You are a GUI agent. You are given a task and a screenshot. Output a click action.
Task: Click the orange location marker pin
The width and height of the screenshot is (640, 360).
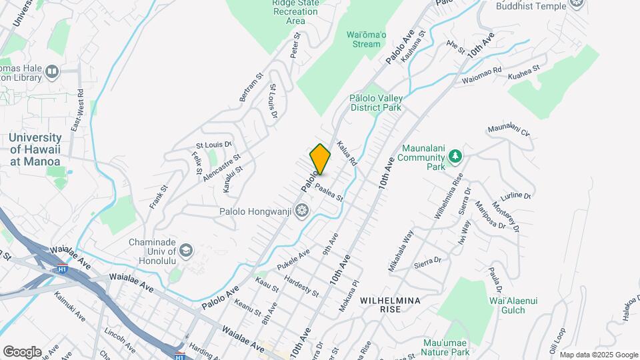pyautogui.click(x=320, y=159)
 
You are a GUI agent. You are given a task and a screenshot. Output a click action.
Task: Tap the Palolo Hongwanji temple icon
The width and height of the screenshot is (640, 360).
pyautogui.click(x=302, y=211)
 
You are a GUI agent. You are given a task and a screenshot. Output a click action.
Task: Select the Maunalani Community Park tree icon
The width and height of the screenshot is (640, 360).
pyautogui.click(x=455, y=156)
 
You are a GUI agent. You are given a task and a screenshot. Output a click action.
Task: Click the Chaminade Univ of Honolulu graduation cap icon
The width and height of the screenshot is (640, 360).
pyautogui.click(x=186, y=251)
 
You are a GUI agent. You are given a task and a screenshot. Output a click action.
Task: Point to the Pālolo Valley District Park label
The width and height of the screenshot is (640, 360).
pyautogui.click(x=375, y=102)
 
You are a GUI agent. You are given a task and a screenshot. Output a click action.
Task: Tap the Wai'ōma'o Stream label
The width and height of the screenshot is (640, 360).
pyautogui.click(x=363, y=39)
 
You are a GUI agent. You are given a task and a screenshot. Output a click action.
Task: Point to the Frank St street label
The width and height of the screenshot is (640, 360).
pyautogui.click(x=157, y=198)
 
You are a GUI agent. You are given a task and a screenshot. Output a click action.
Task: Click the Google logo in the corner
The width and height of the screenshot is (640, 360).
pyautogui.click(x=22, y=351)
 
